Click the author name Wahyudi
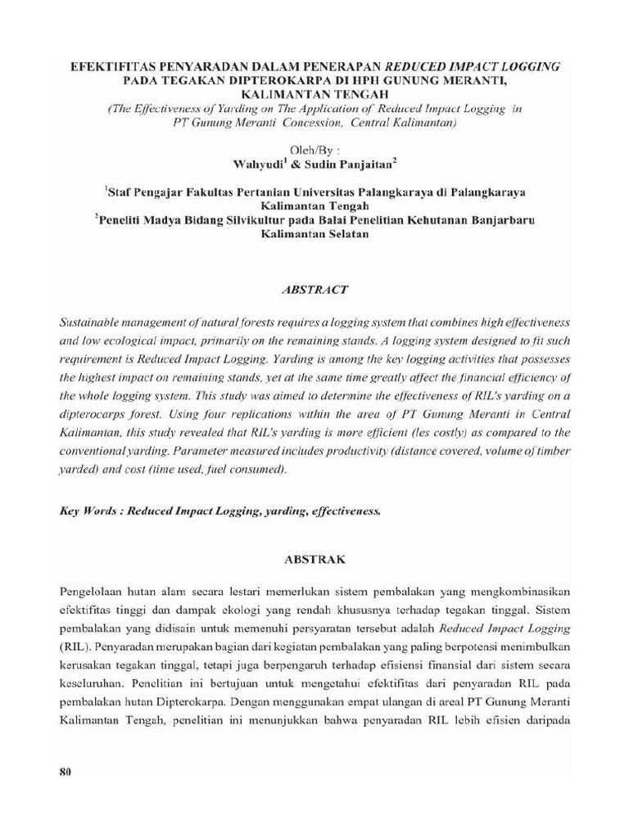click(260, 164)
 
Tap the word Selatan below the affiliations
click(341, 234)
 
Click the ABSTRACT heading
click(314, 290)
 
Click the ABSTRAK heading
click(314, 561)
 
